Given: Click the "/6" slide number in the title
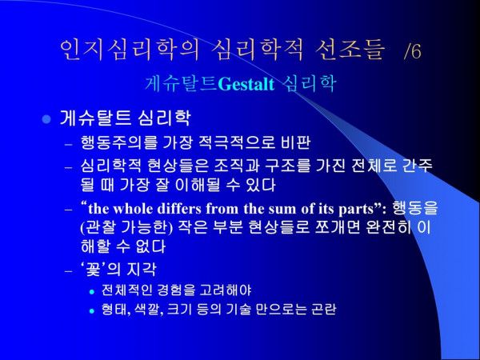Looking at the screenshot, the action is [x=413, y=50].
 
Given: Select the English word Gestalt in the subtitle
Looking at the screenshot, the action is [x=246, y=84].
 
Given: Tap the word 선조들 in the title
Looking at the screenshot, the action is [x=350, y=50].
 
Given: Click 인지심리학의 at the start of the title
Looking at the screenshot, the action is [x=130, y=50].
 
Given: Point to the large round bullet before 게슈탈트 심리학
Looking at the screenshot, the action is [x=46, y=118].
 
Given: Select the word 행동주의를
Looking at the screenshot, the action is [x=119, y=142].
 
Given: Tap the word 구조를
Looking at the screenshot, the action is [x=288, y=166].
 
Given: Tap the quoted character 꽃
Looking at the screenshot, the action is [x=93, y=270].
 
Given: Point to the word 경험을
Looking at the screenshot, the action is [x=175, y=290].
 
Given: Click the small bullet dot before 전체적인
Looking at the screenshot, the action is [x=92, y=292].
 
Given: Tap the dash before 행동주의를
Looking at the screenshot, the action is [x=69, y=143].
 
